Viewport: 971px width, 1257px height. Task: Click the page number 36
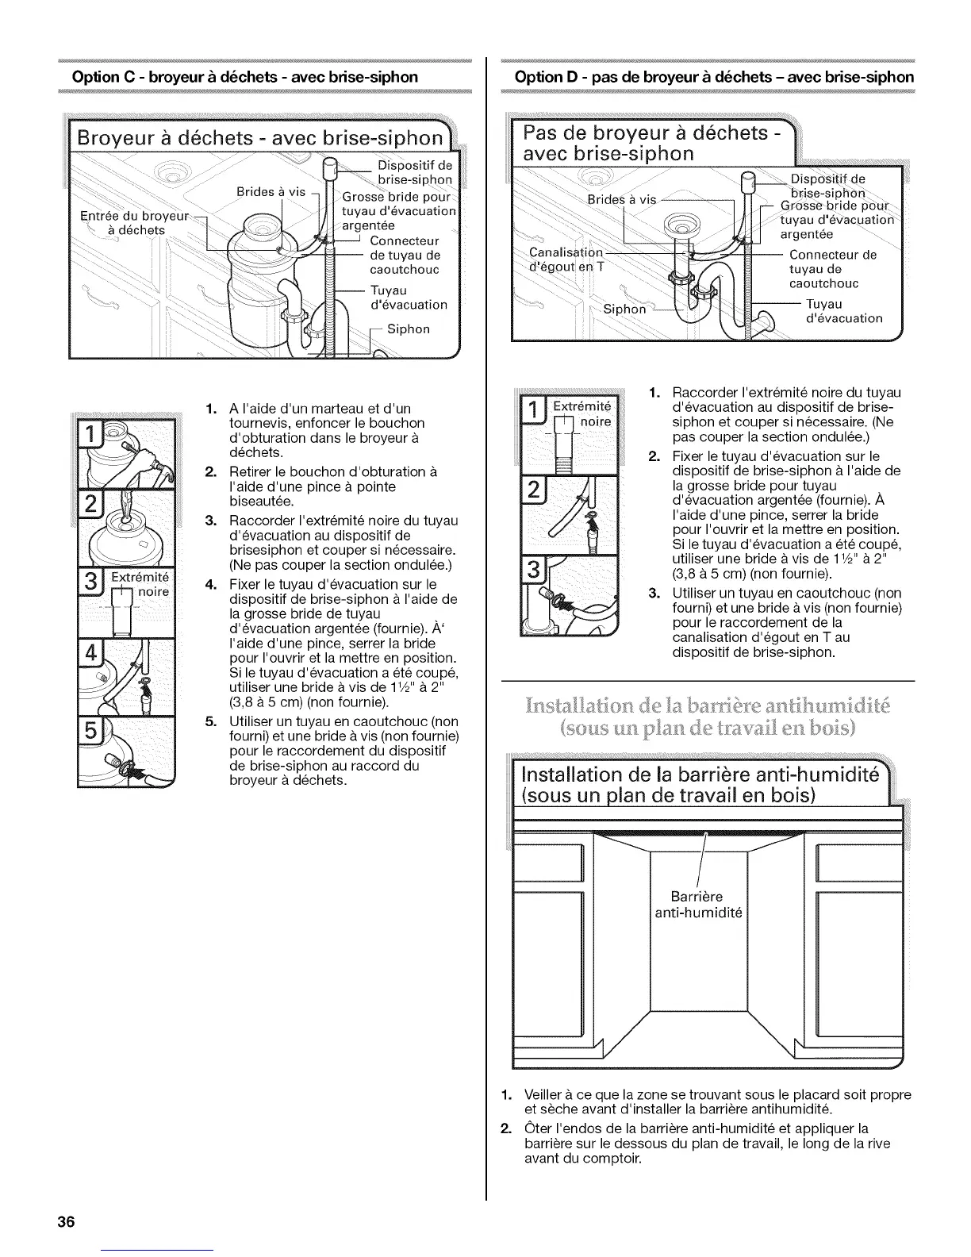pos(65,1221)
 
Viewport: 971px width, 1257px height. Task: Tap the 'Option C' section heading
pos(244,77)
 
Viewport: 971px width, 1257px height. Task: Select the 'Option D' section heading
pos(714,77)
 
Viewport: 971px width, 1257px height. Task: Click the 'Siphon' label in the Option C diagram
pos(409,329)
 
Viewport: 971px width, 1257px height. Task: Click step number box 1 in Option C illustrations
pos(93,436)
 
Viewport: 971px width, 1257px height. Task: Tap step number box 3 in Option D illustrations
pos(532,571)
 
